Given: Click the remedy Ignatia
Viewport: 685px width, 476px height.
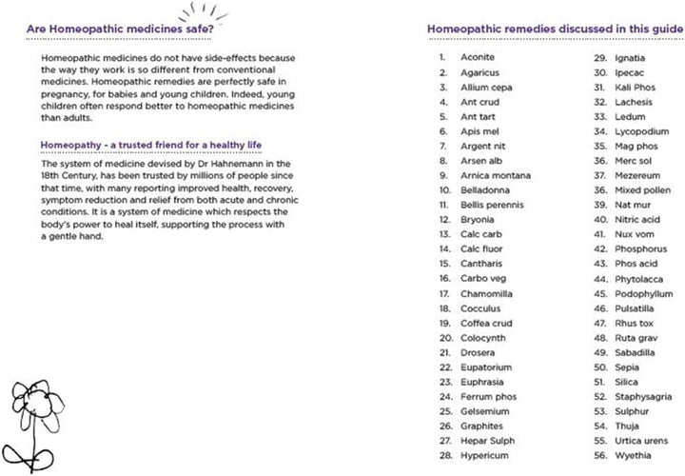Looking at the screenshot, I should click(x=630, y=56).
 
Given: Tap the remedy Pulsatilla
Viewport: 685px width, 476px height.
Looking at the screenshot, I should click(x=635, y=308).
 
